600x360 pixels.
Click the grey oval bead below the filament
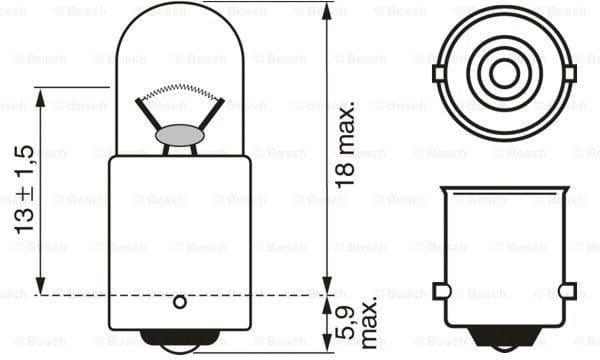pyautogui.click(x=179, y=132)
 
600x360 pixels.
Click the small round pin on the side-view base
pyautogui.click(x=180, y=301)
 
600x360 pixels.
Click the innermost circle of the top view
pyautogui.click(x=504, y=72)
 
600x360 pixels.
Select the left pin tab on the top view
pyautogui.click(x=438, y=73)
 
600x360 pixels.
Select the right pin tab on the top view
pyautogui.click(x=569, y=73)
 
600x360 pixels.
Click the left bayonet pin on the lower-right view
pyautogui.click(x=441, y=291)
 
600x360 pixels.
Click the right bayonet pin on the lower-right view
pyautogui.click(x=568, y=291)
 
